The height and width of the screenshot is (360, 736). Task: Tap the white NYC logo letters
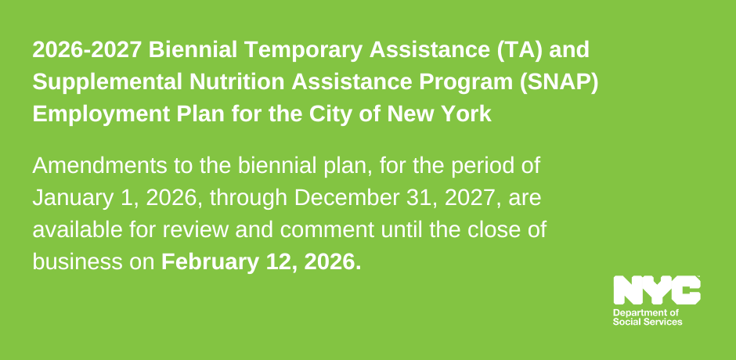point(657,290)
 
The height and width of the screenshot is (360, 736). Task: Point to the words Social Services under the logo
point(648,322)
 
